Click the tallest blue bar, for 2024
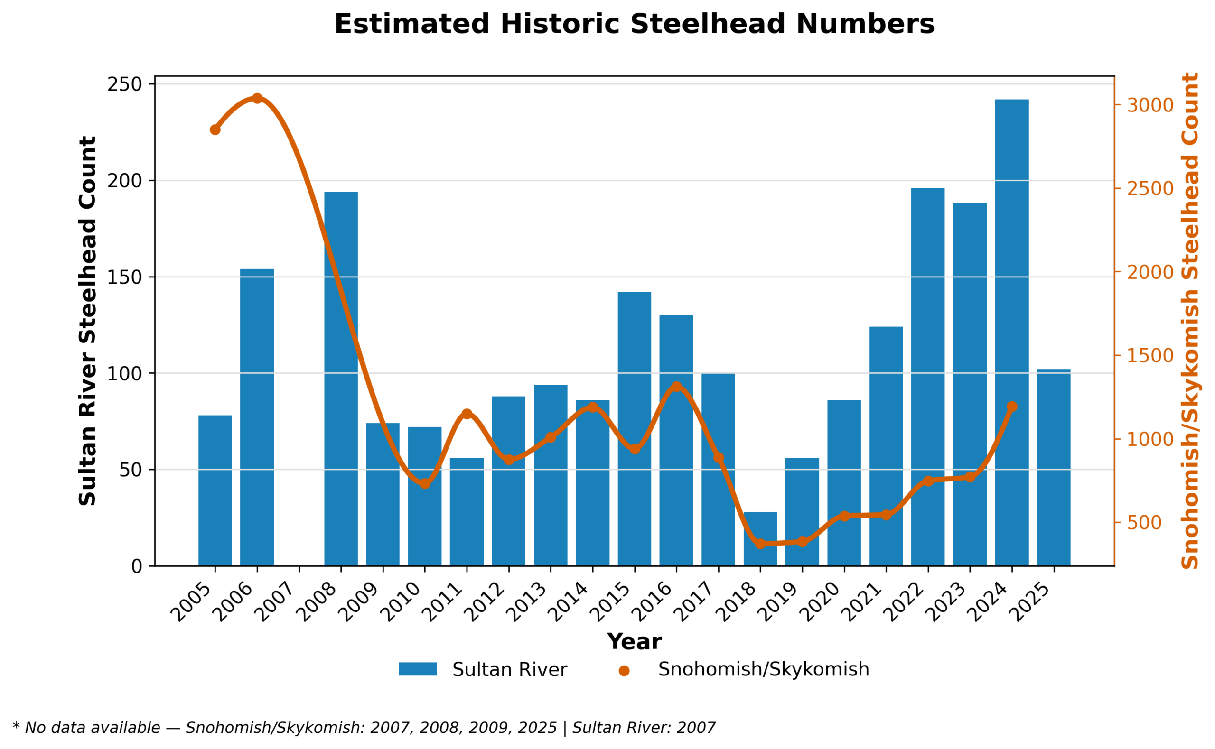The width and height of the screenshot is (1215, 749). [1011, 332]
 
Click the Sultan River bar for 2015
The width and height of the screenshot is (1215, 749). [634, 428]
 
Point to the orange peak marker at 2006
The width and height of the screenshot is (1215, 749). [257, 99]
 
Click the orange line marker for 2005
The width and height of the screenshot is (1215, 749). [215, 130]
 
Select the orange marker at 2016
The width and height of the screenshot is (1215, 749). [676, 387]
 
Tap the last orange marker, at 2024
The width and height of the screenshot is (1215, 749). [1012, 407]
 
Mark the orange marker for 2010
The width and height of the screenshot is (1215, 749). [425, 483]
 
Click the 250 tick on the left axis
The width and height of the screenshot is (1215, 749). [124, 85]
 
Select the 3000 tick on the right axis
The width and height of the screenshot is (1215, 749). [1150, 105]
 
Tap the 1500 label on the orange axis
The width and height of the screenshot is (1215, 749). [1150, 356]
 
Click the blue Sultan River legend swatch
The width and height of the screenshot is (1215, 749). [418, 669]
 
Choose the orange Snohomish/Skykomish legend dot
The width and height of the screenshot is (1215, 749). [624, 671]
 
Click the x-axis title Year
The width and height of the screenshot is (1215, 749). [634, 642]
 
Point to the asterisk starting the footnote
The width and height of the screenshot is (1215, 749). [16, 727]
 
